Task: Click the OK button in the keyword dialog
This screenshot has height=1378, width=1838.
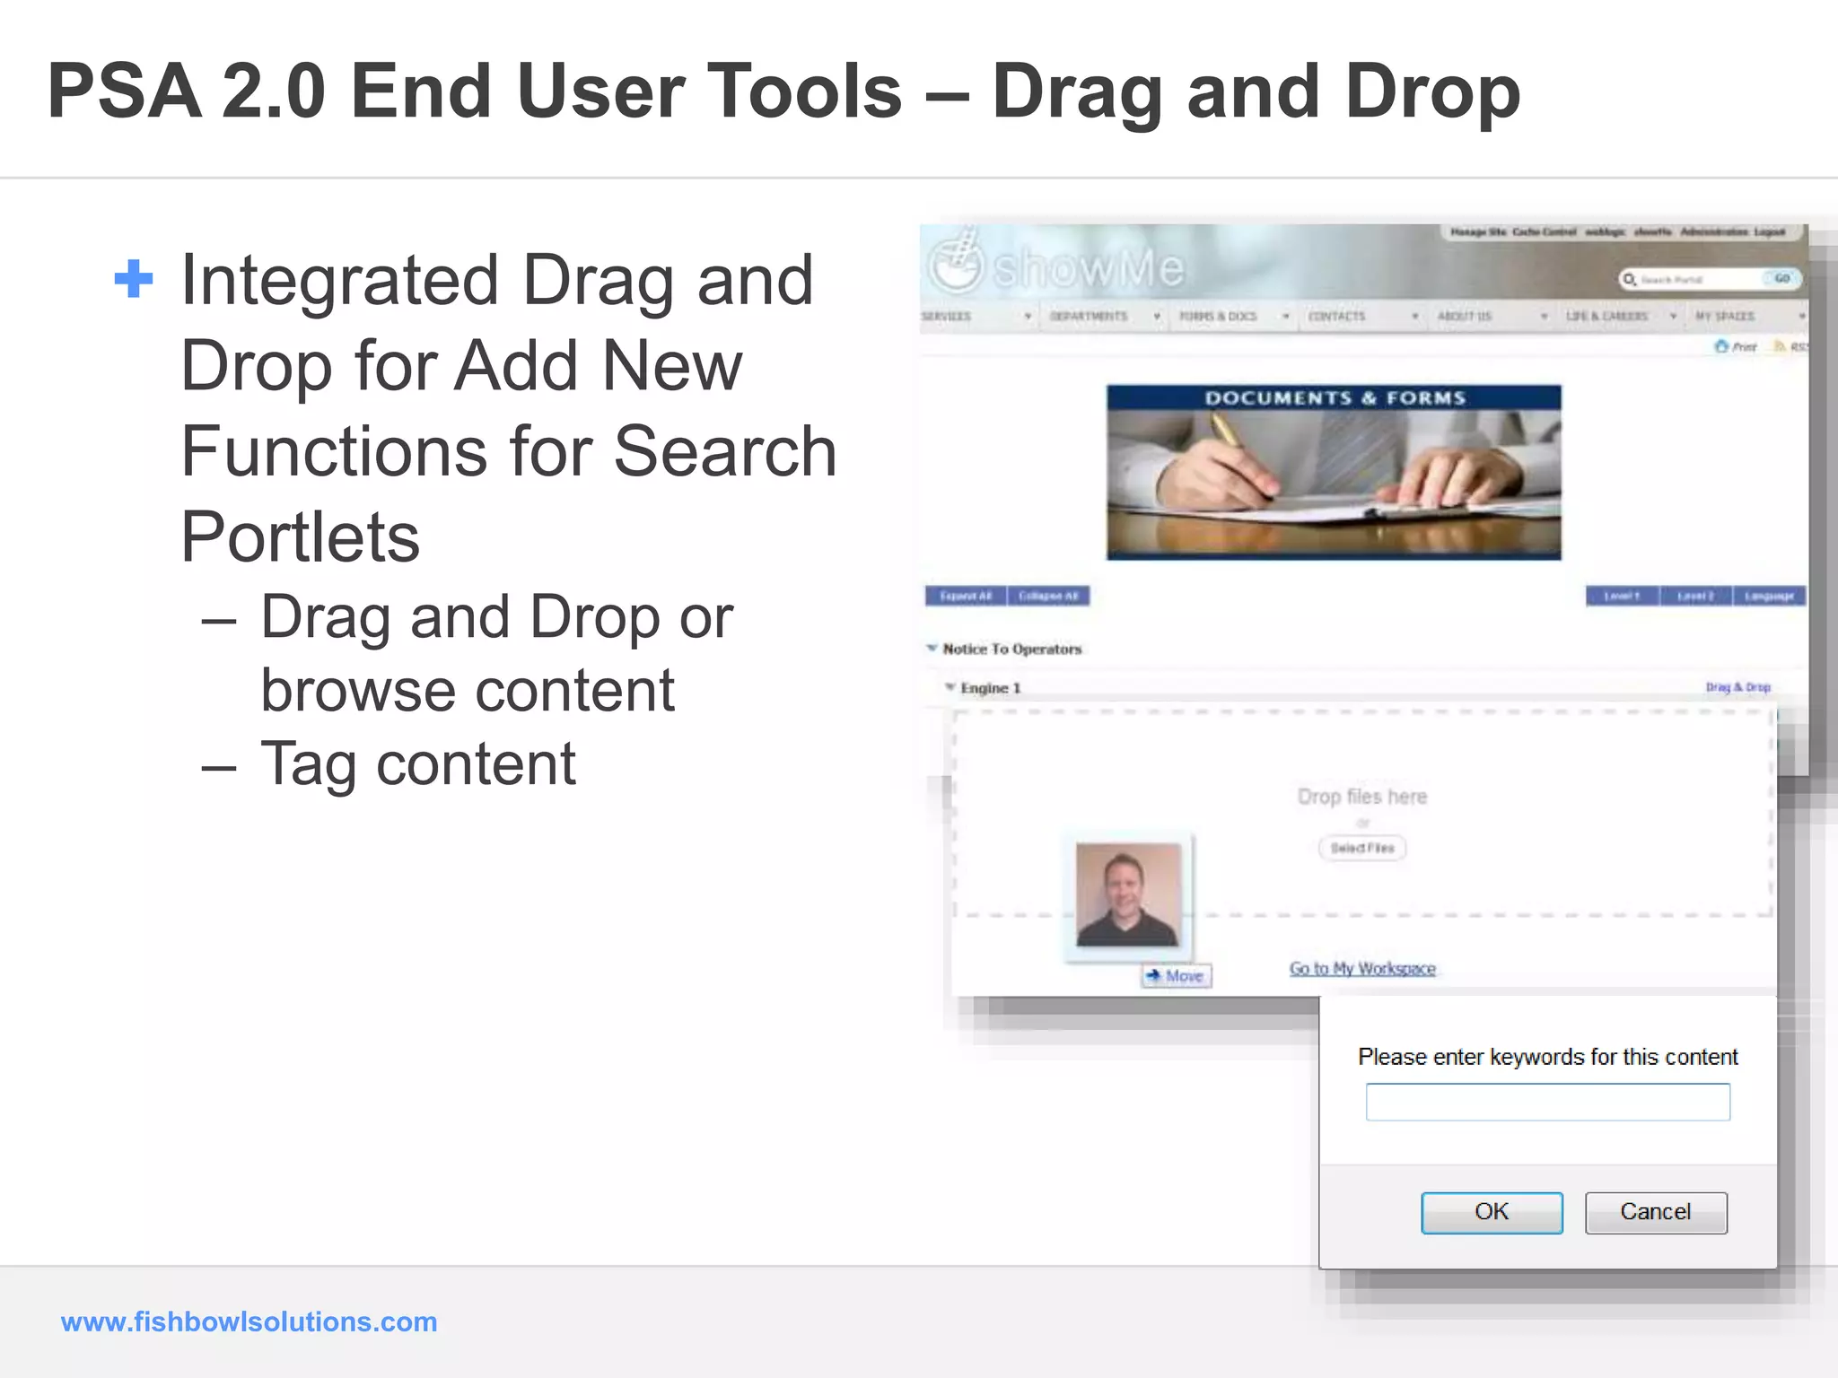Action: (x=1491, y=1212)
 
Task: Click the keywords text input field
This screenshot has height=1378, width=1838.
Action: (x=1547, y=1102)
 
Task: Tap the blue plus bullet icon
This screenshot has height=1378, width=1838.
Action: (x=134, y=279)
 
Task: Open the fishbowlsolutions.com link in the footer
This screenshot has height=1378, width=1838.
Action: (x=249, y=1321)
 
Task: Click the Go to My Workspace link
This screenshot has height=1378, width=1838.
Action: (x=1362, y=968)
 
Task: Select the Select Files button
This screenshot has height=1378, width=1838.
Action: (x=1361, y=848)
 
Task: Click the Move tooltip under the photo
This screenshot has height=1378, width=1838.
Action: (x=1177, y=975)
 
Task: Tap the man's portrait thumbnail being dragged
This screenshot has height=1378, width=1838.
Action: (x=1128, y=894)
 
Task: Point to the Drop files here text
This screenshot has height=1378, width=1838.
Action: (x=1361, y=797)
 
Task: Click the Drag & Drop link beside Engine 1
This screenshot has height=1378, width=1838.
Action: (x=1737, y=687)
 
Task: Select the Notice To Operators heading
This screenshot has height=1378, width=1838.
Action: (x=1011, y=649)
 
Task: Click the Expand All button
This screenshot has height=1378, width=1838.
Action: (x=966, y=596)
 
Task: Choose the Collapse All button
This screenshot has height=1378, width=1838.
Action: (x=1048, y=596)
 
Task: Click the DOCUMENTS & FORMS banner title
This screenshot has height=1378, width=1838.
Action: (x=1334, y=397)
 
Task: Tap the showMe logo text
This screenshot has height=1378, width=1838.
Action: (x=1088, y=267)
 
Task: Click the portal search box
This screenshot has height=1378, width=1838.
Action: (x=1696, y=280)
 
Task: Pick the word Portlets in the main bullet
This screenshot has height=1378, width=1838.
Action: (x=301, y=537)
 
